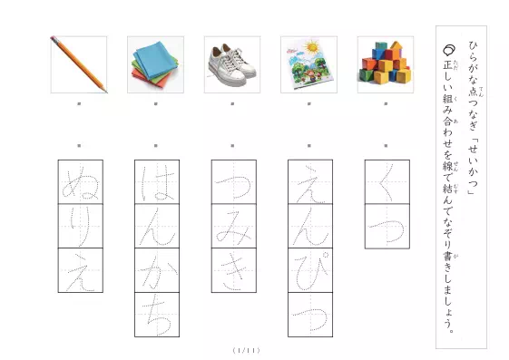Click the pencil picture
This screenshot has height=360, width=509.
click(x=79, y=64)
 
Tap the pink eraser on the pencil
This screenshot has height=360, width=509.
click(x=53, y=39)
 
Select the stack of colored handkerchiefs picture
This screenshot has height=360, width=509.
click(x=155, y=64)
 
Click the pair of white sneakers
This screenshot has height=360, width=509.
click(x=232, y=66)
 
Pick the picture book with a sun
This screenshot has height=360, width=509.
click(x=308, y=64)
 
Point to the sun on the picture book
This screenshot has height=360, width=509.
click(x=312, y=47)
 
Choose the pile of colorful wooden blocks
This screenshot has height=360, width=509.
click(x=386, y=63)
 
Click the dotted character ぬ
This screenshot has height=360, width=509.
click(x=81, y=181)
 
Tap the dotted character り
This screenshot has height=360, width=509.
click(x=81, y=226)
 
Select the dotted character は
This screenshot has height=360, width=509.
click(x=157, y=181)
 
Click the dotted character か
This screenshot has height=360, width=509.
click(x=157, y=271)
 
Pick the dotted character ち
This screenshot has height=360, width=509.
click(x=158, y=314)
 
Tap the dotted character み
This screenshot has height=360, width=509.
click(x=234, y=227)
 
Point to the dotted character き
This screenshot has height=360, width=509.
click(x=234, y=271)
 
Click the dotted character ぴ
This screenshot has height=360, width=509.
click(x=310, y=270)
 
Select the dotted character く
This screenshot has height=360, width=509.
click(x=387, y=182)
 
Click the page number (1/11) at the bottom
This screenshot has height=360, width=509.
click(x=247, y=350)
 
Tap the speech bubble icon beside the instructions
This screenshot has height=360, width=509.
click(x=449, y=49)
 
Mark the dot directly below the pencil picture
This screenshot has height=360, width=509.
click(x=79, y=103)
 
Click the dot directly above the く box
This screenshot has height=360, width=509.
click(x=386, y=146)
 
